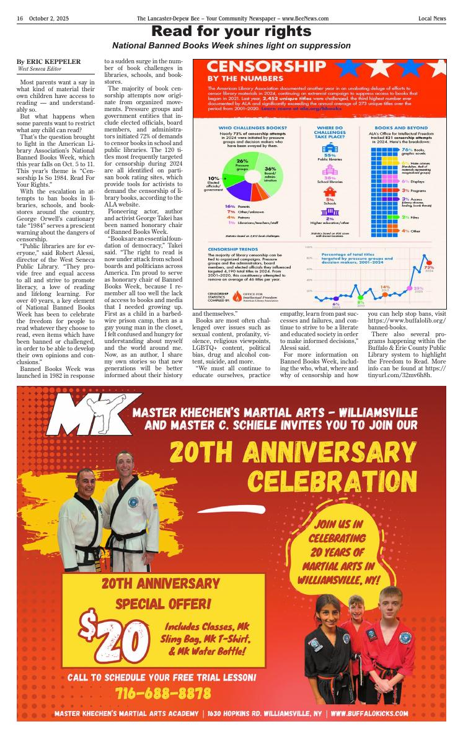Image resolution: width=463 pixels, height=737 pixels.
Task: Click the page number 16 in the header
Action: tap(20, 19)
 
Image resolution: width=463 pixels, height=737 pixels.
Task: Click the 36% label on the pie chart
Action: tap(270, 169)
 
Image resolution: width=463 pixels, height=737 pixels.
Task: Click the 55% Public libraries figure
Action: tap(330, 154)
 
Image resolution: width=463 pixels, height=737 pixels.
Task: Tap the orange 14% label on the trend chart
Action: tap(385, 287)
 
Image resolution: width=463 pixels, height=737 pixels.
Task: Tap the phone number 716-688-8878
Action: tap(163, 692)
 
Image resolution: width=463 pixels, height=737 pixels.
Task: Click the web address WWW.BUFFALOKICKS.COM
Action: tap(369, 713)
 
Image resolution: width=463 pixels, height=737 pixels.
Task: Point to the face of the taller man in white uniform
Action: tap(126, 468)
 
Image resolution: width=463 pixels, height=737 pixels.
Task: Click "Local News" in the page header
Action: tap(431, 19)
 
